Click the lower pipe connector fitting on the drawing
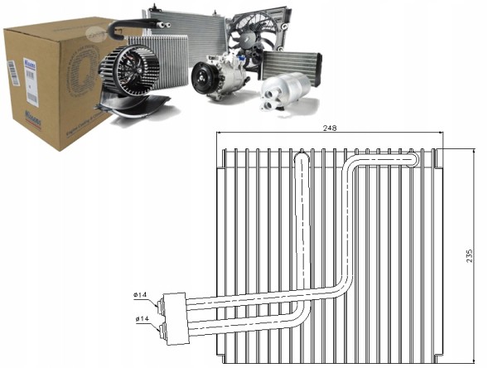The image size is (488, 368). point(172,329)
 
